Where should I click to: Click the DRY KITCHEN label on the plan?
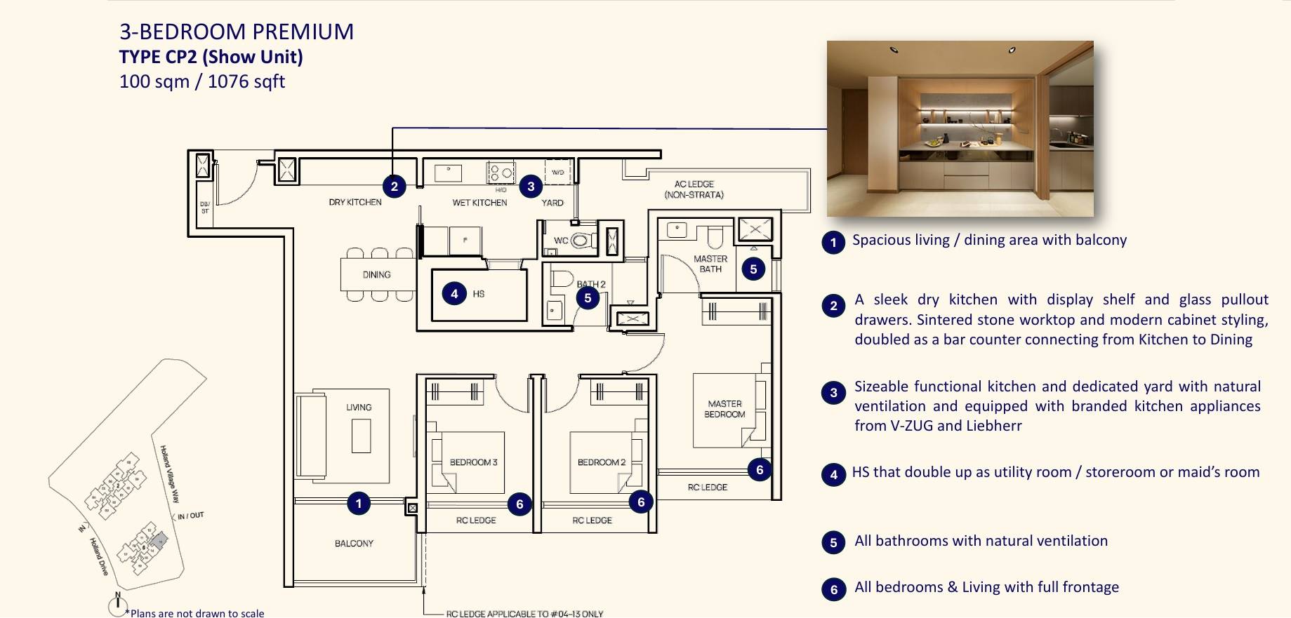355,202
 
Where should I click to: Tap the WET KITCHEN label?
479,203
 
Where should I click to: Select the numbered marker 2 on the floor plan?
395,186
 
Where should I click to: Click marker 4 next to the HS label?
454,293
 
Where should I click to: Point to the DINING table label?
376,275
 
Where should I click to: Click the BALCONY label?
354,544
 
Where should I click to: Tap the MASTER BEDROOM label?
724,409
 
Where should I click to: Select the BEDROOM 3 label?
473,462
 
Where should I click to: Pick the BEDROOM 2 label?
601,462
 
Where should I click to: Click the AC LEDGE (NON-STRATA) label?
694,189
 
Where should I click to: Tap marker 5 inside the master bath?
753,269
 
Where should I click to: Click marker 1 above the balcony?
359,503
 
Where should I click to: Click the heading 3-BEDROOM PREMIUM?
237,32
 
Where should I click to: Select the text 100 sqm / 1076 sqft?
202,81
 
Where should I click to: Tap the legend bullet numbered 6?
833,589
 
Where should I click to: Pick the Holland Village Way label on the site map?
170,474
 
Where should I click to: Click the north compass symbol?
117,605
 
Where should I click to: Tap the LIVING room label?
359,407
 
